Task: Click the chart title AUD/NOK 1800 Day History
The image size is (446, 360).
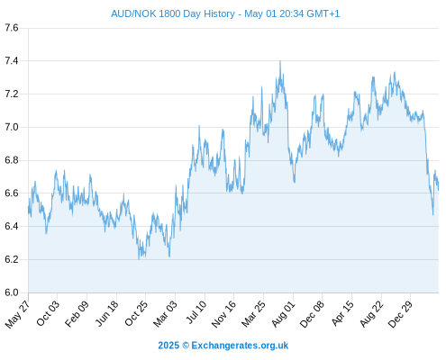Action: [x=173, y=13]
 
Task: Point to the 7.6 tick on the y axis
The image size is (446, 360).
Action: [x=12, y=28]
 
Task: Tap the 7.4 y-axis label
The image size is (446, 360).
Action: [x=12, y=61]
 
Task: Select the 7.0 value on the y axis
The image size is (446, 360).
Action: [x=12, y=127]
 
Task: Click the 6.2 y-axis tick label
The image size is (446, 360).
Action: [x=12, y=259]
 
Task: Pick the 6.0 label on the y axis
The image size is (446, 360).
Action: [x=12, y=292]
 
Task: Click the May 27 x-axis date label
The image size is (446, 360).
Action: [x=18, y=314]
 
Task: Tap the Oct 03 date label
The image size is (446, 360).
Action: [x=48, y=313]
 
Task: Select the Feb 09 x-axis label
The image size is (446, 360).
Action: [x=77, y=313]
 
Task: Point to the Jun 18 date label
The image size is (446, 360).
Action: [x=107, y=313]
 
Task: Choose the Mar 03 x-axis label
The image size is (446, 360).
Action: [x=165, y=314]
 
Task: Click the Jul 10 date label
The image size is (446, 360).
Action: [x=196, y=312]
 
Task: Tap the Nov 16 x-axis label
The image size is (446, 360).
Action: [x=223, y=314]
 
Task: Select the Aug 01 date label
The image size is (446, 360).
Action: [x=284, y=314]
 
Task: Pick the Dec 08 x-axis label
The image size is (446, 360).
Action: [x=313, y=314]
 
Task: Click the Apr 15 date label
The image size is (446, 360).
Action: [x=342, y=313]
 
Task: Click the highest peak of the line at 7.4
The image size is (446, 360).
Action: [x=280, y=61]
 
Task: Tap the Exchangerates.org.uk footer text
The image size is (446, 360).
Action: [x=240, y=346]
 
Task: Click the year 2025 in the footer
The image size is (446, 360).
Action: [x=168, y=346]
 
